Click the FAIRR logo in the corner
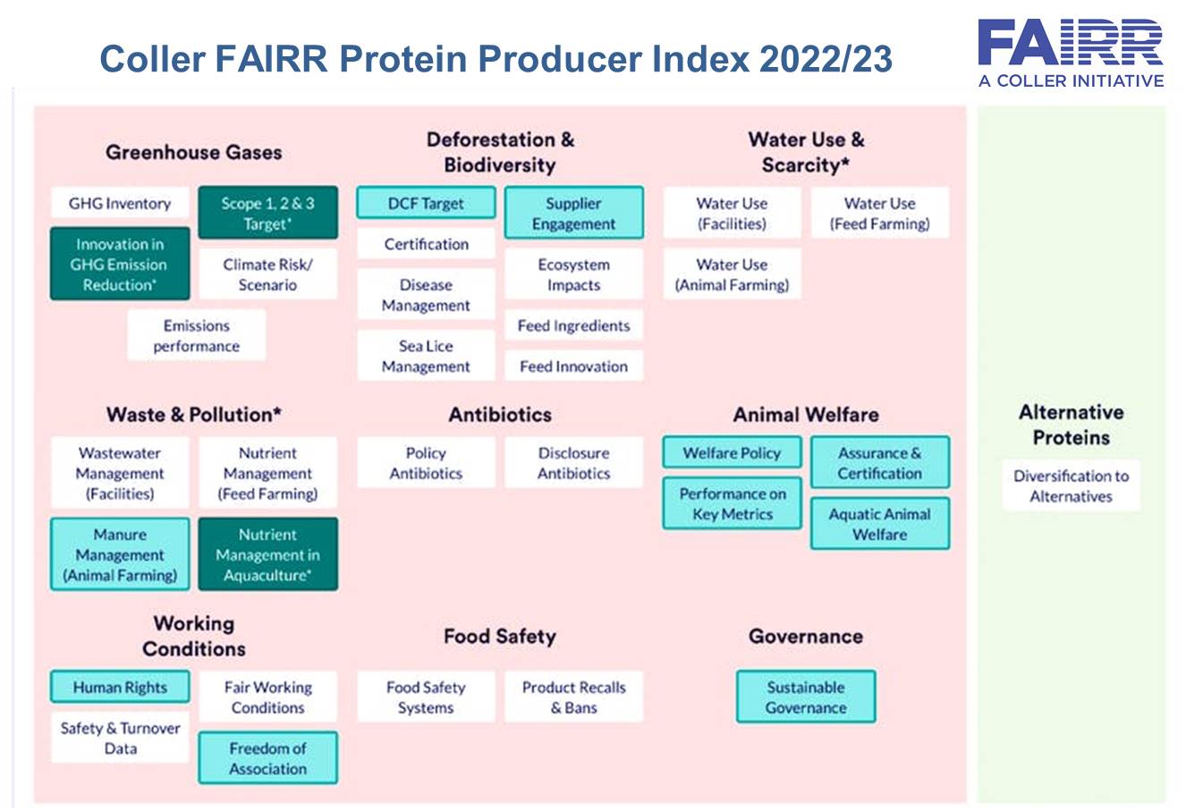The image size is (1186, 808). [x=1071, y=54]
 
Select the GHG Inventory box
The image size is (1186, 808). [x=120, y=203]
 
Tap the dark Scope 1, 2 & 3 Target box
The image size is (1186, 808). [x=268, y=213]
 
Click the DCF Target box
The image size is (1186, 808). [x=426, y=203]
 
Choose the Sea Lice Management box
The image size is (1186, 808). [x=426, y=356]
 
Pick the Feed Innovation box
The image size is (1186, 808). [x=574, y=366]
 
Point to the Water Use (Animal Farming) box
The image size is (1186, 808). [x=732, y=274]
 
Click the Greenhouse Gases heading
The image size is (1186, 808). [x=194, y=152]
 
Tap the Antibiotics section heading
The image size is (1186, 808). [x=500, y=415]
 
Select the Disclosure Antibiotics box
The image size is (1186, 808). [x=574, y=462]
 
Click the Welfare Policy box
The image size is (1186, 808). [x=732, y=452]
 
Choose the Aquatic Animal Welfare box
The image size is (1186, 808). [x=880, y=523]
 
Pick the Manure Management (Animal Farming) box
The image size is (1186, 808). [x=120, y=554]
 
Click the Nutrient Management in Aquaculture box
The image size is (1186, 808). [x=268, y=554]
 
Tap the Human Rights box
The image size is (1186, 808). [x=120, y=686]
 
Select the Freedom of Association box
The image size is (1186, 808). [x=268, y=758]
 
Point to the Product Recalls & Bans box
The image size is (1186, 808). [x=574, y=697]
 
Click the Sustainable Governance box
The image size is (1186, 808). [x=806, y=697]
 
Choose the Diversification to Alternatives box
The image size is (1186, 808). [x=1072, y=485]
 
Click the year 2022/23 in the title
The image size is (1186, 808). [x=826, y=58]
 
